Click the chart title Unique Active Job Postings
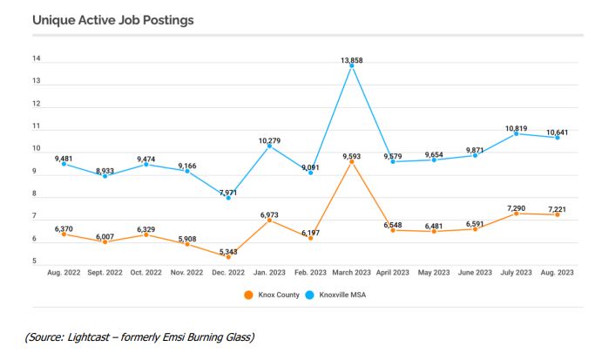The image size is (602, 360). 113,18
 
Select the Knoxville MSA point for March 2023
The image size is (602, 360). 351,65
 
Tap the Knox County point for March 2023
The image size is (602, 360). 351,161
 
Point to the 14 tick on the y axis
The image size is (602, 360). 37,59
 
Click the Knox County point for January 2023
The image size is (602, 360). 268,220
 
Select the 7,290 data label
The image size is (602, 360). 516,207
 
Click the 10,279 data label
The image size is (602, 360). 268,139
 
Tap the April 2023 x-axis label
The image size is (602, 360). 392,272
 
